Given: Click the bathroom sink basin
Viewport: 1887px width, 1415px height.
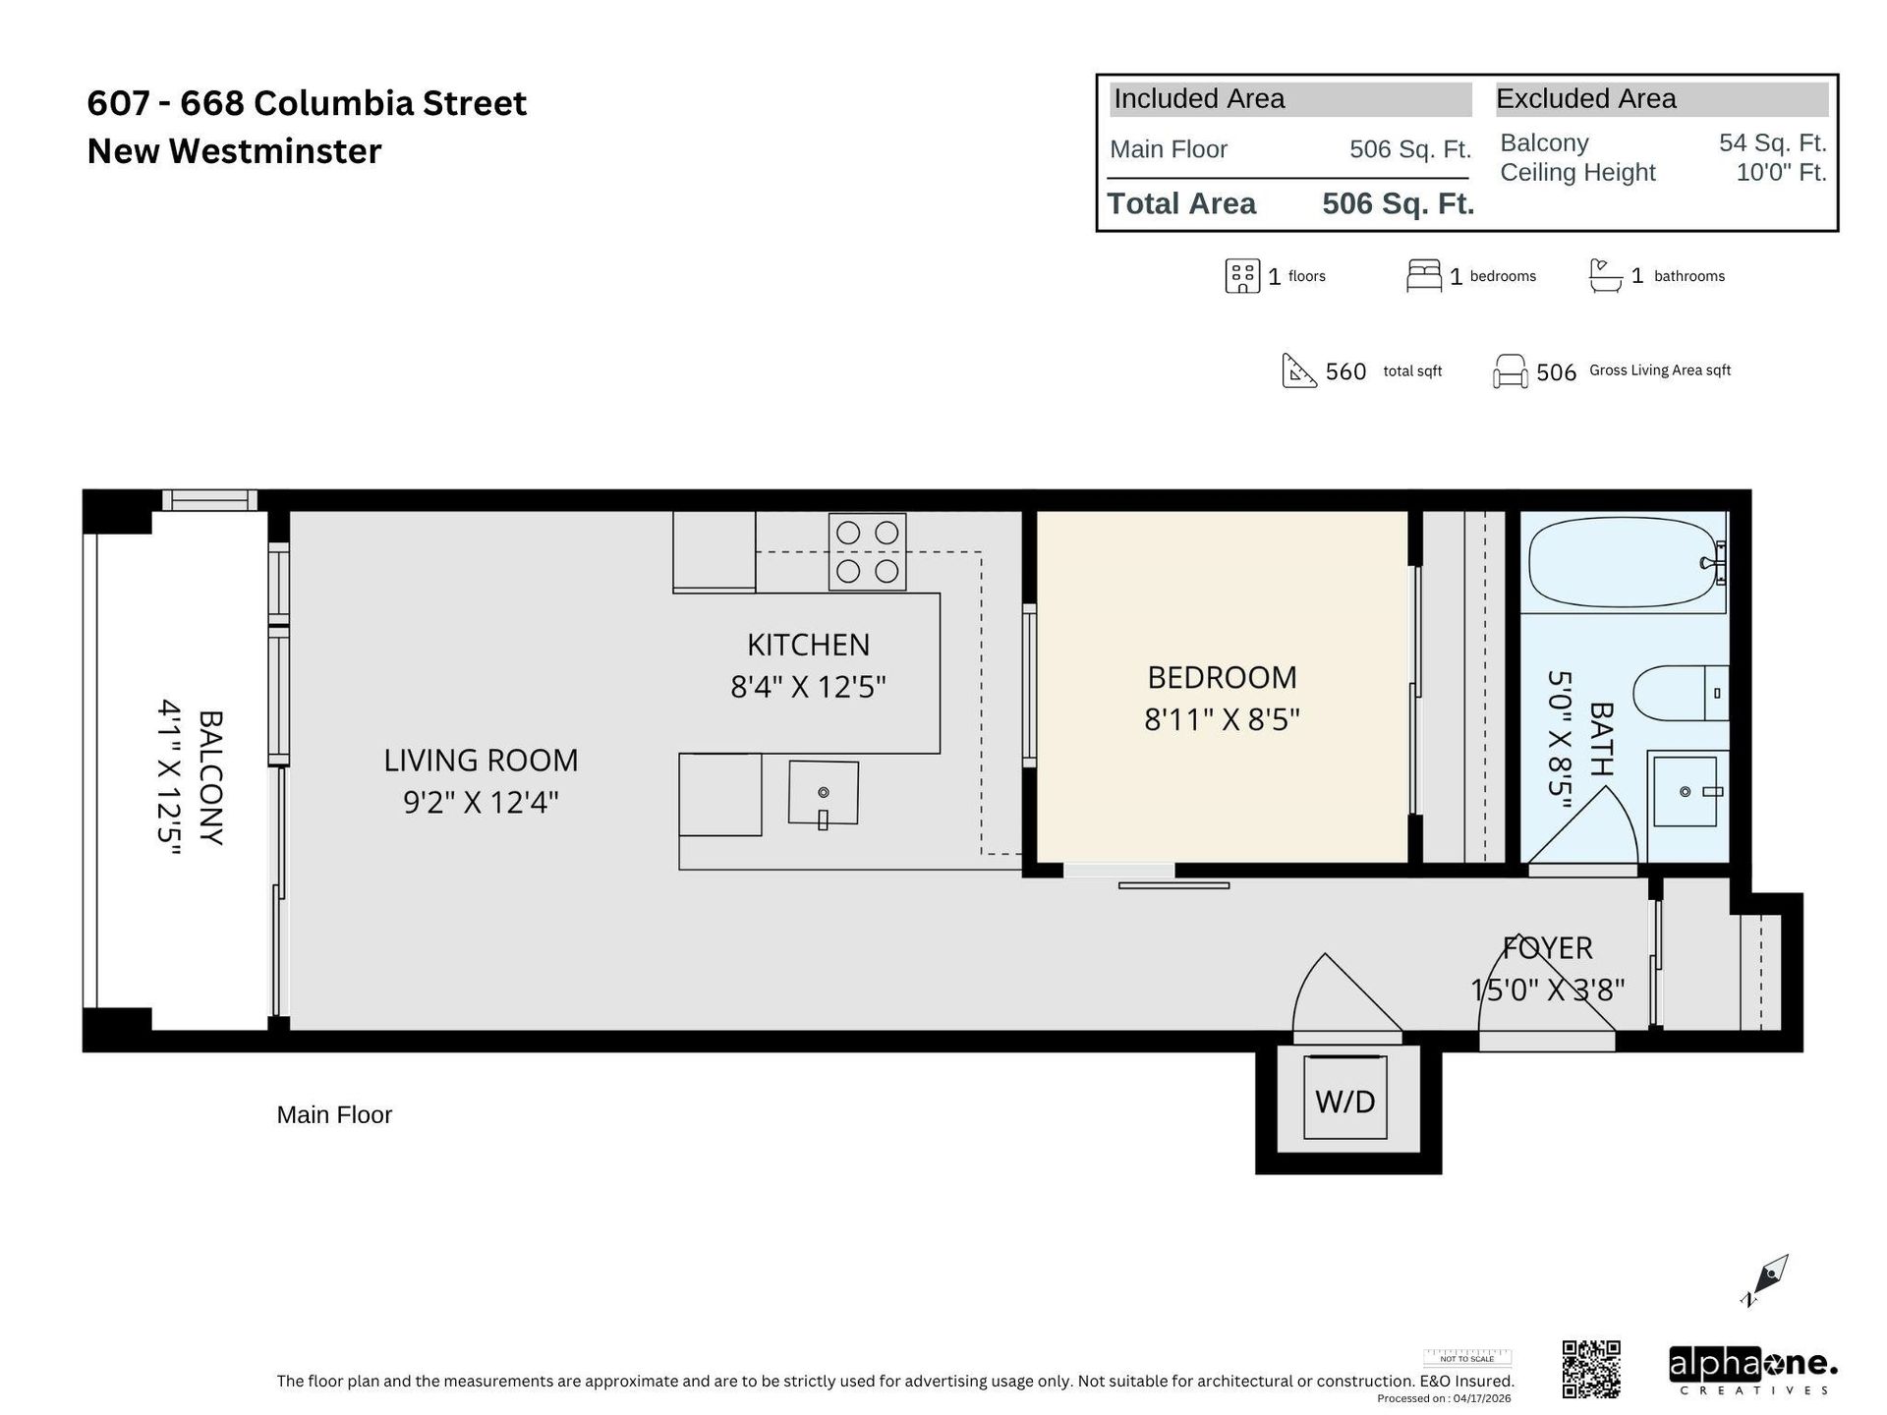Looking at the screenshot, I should [x=1685, y=791].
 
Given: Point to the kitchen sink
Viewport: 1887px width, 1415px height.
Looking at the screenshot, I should [x=823, y=793].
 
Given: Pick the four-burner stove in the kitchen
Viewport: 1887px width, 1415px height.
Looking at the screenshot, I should [x=867, y=552].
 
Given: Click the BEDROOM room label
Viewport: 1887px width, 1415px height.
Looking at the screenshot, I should [x=1222, y=677].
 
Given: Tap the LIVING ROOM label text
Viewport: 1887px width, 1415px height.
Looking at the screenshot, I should [x=481, y=760].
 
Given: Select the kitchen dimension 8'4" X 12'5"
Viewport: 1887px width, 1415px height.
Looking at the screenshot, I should [x=808, y=686].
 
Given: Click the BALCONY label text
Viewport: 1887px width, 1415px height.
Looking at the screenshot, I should [x=211, y=777].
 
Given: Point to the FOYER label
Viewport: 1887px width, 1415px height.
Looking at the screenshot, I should [x=1547, y=947].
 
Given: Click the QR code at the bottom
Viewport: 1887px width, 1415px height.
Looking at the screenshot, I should [x=1590, y=1368].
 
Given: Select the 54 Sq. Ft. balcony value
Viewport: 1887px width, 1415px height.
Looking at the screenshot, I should [x=1772, y=142].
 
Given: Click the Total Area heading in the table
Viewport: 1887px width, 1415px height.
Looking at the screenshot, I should [x=1181, y=203].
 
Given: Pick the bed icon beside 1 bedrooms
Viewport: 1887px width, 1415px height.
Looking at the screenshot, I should [x=1423, y=276].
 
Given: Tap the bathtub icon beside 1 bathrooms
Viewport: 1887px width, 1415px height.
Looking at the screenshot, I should [x=1605, y=276].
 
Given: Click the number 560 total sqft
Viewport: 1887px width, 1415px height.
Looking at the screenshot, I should [x=1345, y=371].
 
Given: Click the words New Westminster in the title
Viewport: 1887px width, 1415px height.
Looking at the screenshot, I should [x=234, y=151].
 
